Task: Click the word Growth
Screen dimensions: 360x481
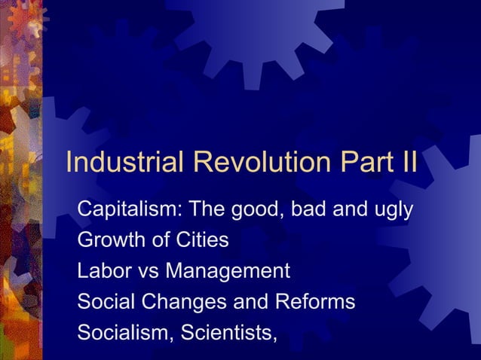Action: click(x=109, y=241)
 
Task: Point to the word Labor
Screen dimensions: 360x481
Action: click(x=102, y=271)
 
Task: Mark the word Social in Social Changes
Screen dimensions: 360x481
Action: click(x=103, y=301)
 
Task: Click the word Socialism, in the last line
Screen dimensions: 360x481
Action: click(x=123, y=332)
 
